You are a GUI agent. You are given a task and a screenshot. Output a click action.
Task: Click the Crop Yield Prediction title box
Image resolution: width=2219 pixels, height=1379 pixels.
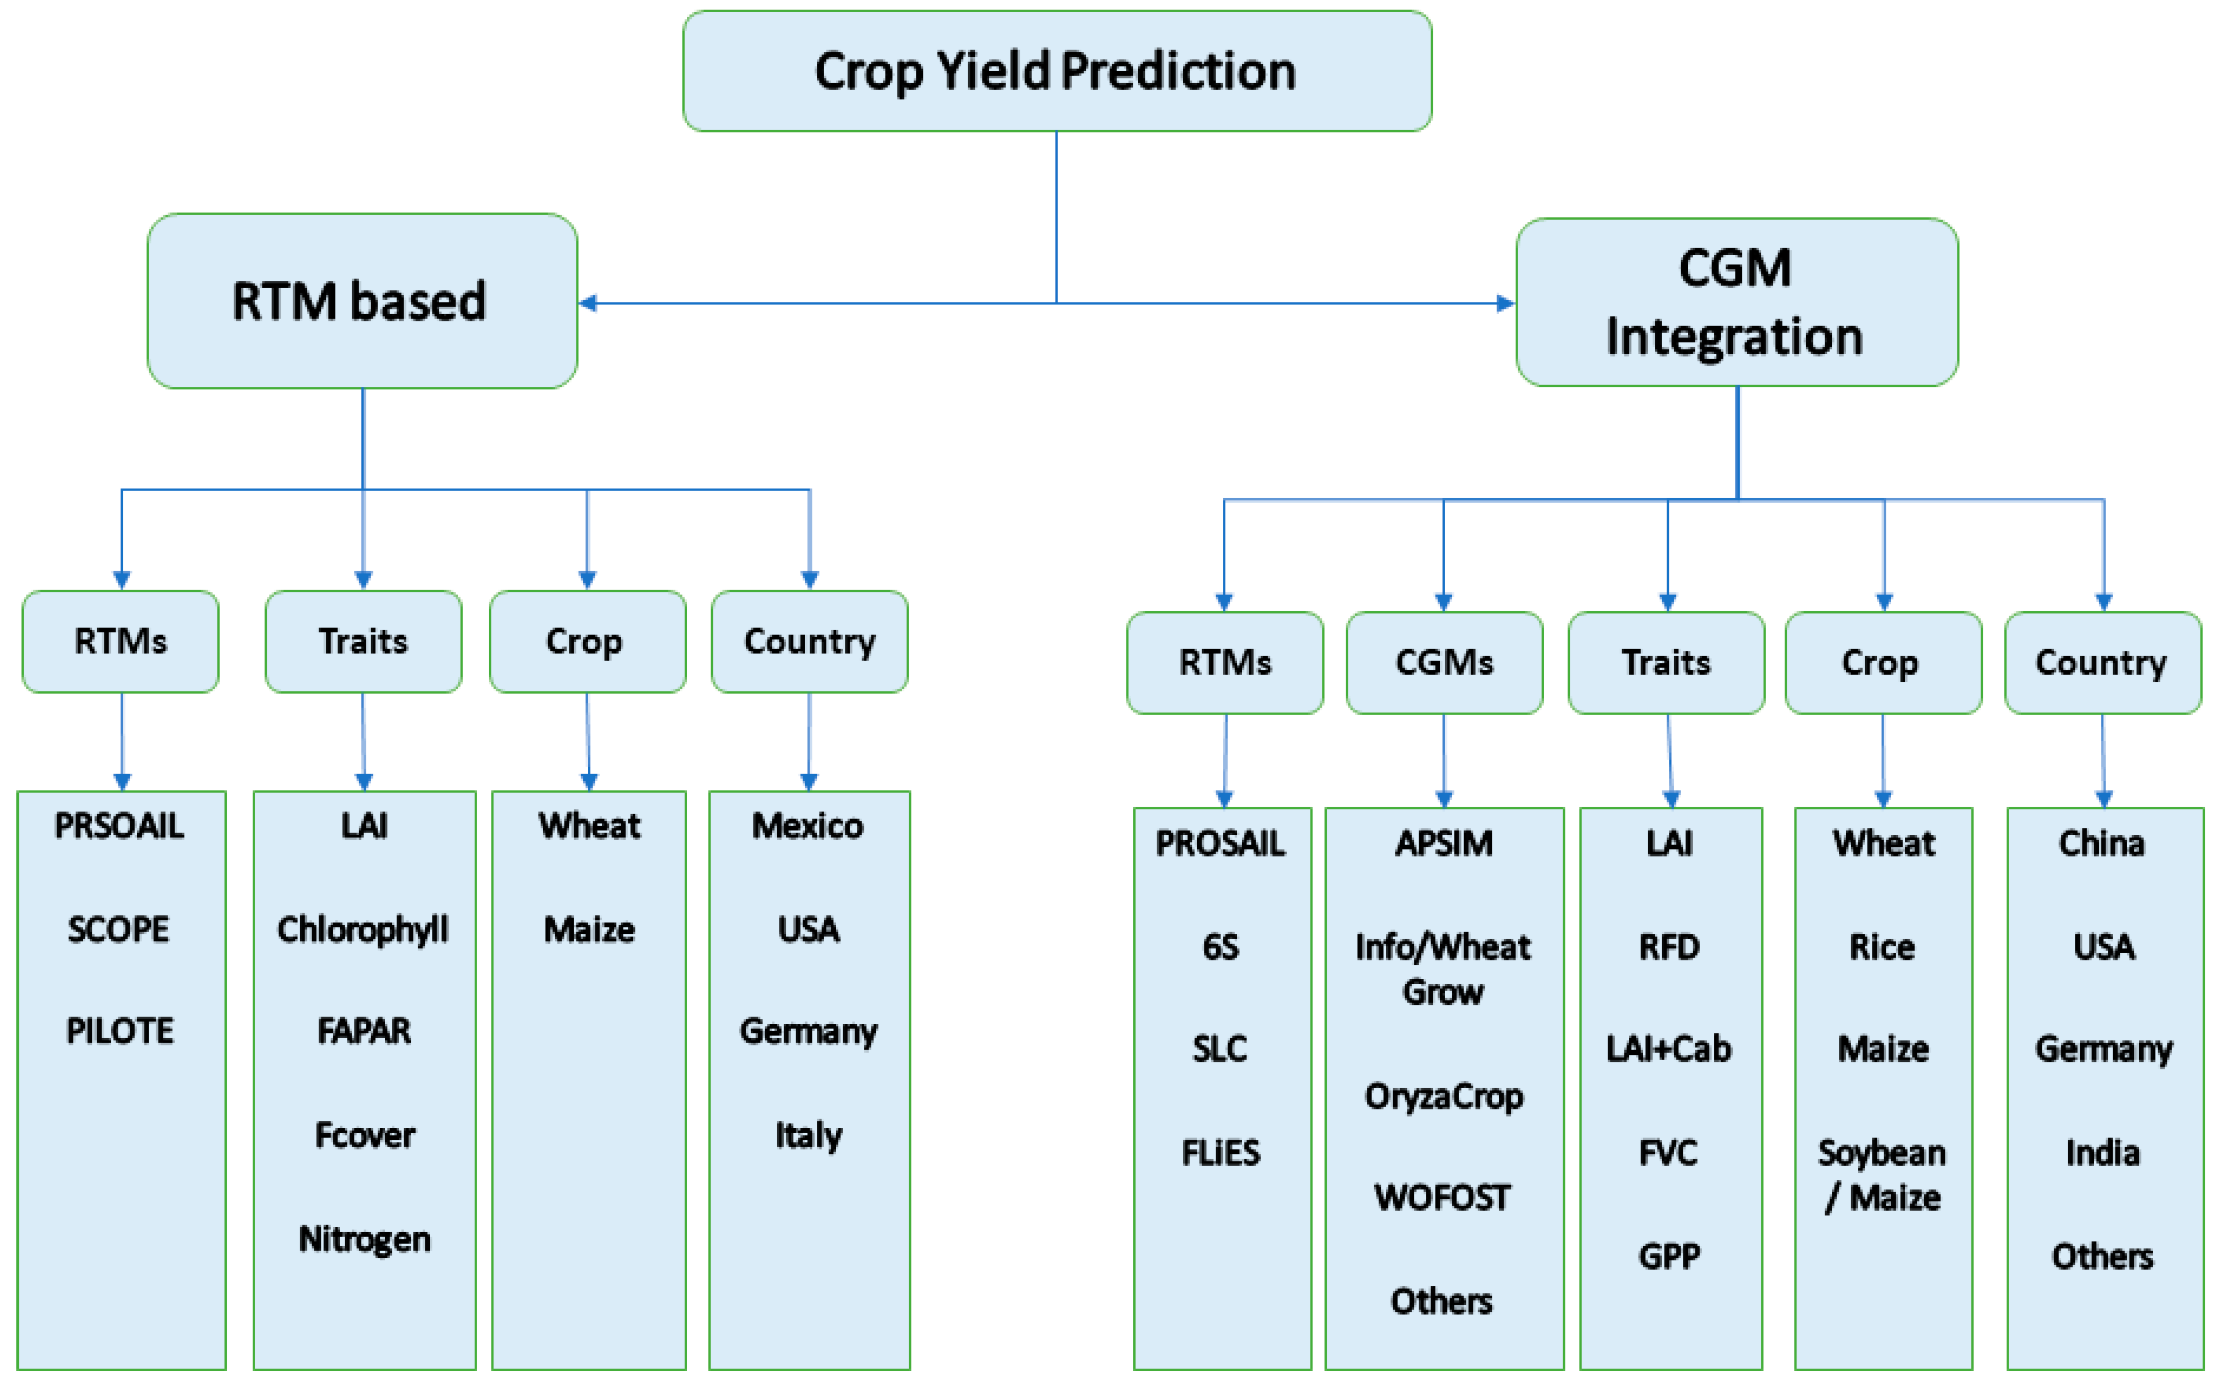tap(1057, 71)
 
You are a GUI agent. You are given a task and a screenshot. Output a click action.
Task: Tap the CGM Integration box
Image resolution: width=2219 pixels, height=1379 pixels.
tap(1736, 302)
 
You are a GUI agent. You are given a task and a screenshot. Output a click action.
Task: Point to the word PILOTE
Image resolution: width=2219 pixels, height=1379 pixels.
tap(120, 1031)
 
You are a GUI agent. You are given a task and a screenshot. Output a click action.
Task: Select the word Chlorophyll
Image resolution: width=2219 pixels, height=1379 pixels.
tap(363, 930)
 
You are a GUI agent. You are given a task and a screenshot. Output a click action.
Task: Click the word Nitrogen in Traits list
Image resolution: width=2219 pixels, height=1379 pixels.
tap(364, 1238)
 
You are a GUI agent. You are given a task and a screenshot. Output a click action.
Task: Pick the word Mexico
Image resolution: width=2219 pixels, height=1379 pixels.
tap(807, 825)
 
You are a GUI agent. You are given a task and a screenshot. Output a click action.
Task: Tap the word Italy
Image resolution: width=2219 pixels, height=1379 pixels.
tap(808, 1136)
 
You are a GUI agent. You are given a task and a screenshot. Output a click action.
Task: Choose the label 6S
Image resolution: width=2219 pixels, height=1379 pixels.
tap(1221, 947)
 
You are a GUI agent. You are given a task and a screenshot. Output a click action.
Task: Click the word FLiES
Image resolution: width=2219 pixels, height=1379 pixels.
tap(1221, 1153)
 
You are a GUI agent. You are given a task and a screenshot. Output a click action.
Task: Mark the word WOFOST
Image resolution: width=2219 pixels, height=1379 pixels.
tap(1443, 1197)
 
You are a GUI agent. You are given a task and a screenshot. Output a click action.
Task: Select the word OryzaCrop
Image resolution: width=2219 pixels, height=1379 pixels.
tap(1443, 1096)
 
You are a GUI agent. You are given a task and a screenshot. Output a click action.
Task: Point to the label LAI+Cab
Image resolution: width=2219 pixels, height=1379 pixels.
tap(1669, 1049)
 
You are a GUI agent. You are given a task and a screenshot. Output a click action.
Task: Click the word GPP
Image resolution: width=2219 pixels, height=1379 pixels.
tap(1669, 1256)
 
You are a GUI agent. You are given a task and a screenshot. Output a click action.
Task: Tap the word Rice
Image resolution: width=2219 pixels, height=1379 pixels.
tap(1883, 947)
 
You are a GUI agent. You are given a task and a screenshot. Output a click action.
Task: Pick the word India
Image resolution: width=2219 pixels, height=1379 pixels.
tap(2103, 1153)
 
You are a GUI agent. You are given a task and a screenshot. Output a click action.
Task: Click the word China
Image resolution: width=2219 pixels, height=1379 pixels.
tap(2101, 843)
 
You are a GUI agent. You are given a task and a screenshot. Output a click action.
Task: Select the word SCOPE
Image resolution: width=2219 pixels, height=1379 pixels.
tap(119, 930)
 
